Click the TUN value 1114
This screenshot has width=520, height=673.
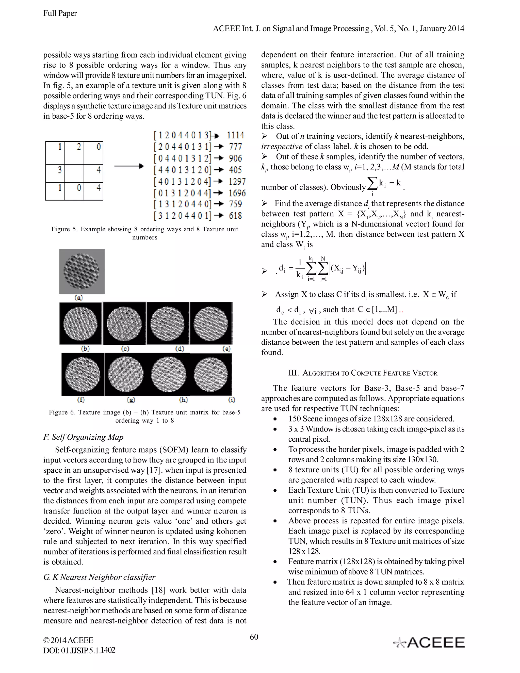(x=235, y=135)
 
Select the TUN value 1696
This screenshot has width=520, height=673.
(x=237, y=193)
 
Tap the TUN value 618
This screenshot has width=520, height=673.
(x=235, y=216)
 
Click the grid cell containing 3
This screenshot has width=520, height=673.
(x=55, y=173)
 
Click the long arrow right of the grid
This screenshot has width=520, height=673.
(x=129, y=166)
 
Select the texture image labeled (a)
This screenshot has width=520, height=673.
(x=82, y=271)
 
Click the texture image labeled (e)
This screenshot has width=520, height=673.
(x=211, y=324)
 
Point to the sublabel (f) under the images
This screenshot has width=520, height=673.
(x=81, y=400)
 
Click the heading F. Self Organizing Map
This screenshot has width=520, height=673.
(x=83, y=437)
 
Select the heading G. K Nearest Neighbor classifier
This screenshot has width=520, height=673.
(x=99, y=577)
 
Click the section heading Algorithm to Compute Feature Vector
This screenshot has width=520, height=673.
(x=363, y=373)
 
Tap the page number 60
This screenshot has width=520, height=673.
(x=254, y=637)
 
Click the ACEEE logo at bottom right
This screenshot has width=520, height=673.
(x=429, y=643)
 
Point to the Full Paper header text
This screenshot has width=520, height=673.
(x=60, y=13)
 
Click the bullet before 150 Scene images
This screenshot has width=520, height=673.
(x=275, y=419)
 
